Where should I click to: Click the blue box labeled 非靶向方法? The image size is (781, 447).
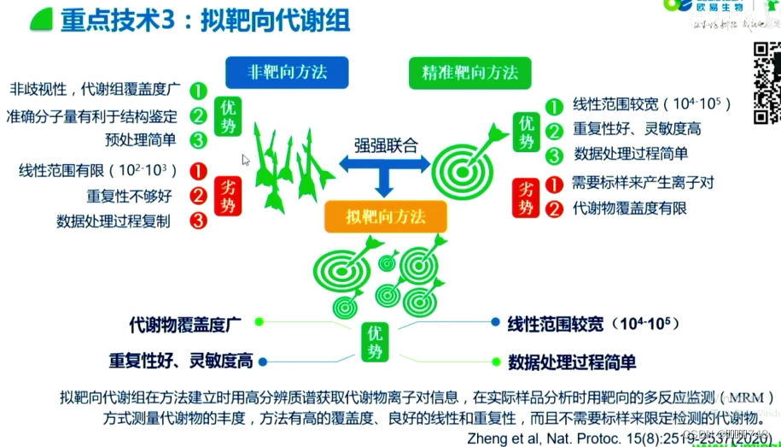[x=276, y=72]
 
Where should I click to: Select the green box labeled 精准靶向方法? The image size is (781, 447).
[x=469, y=72]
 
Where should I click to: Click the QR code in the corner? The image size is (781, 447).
[x=766, y=83]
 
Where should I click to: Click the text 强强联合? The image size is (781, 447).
[x=387, y=144]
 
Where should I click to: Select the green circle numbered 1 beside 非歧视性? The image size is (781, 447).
[x=199, y=89]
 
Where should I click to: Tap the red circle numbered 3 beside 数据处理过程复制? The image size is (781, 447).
[x=199, y=221]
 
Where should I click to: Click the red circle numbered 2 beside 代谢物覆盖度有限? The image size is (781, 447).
[x=555, y=207]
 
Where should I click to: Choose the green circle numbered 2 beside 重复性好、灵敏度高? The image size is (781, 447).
[x=555, y=130]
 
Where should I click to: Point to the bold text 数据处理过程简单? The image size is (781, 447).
[x=572, y=362]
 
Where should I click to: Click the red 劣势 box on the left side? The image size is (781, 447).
[x=230, y=195]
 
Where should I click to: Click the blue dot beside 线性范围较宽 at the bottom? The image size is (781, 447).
[x=495, y=322]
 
